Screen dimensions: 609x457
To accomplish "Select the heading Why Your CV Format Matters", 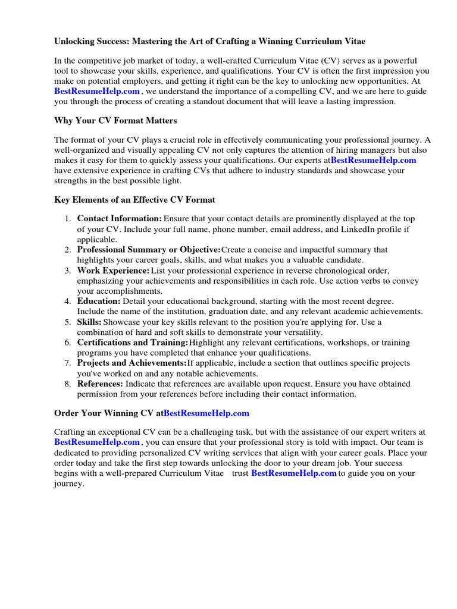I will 115,121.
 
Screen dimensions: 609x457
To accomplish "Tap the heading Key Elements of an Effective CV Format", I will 134,200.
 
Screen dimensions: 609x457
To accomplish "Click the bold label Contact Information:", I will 119,219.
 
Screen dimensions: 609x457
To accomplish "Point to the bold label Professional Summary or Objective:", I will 149,250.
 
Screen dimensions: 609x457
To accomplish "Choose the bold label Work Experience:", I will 113,271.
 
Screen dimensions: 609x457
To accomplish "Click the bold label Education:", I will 99,302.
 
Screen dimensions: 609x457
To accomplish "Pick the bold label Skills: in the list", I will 89,322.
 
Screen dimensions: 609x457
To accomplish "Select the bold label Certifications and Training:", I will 133,343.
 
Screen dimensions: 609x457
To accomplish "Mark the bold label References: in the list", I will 100,384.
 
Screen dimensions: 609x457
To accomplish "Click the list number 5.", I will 67,322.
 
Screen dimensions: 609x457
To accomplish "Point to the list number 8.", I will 67,384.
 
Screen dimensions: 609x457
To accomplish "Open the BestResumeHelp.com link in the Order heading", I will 206,413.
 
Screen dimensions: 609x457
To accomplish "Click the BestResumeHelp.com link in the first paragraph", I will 97,91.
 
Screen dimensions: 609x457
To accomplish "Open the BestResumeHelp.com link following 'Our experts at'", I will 374,161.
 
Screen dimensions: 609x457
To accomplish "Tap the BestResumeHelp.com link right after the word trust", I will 294,473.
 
